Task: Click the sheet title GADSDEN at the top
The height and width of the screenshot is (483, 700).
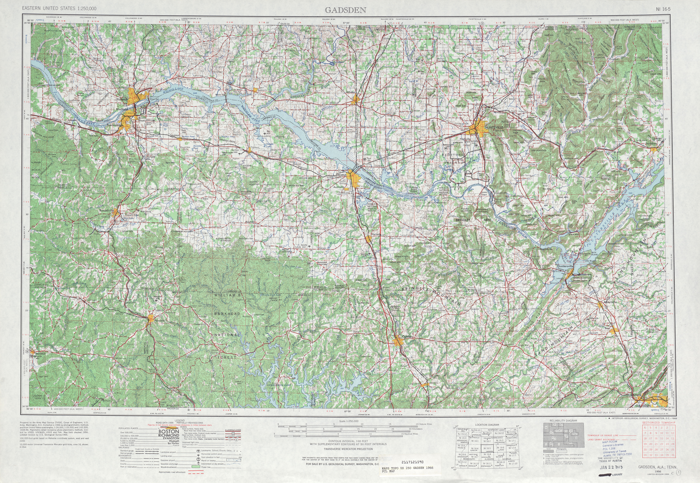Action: point(345,10)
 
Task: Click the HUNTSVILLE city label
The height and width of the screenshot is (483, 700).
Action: point(494,127)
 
